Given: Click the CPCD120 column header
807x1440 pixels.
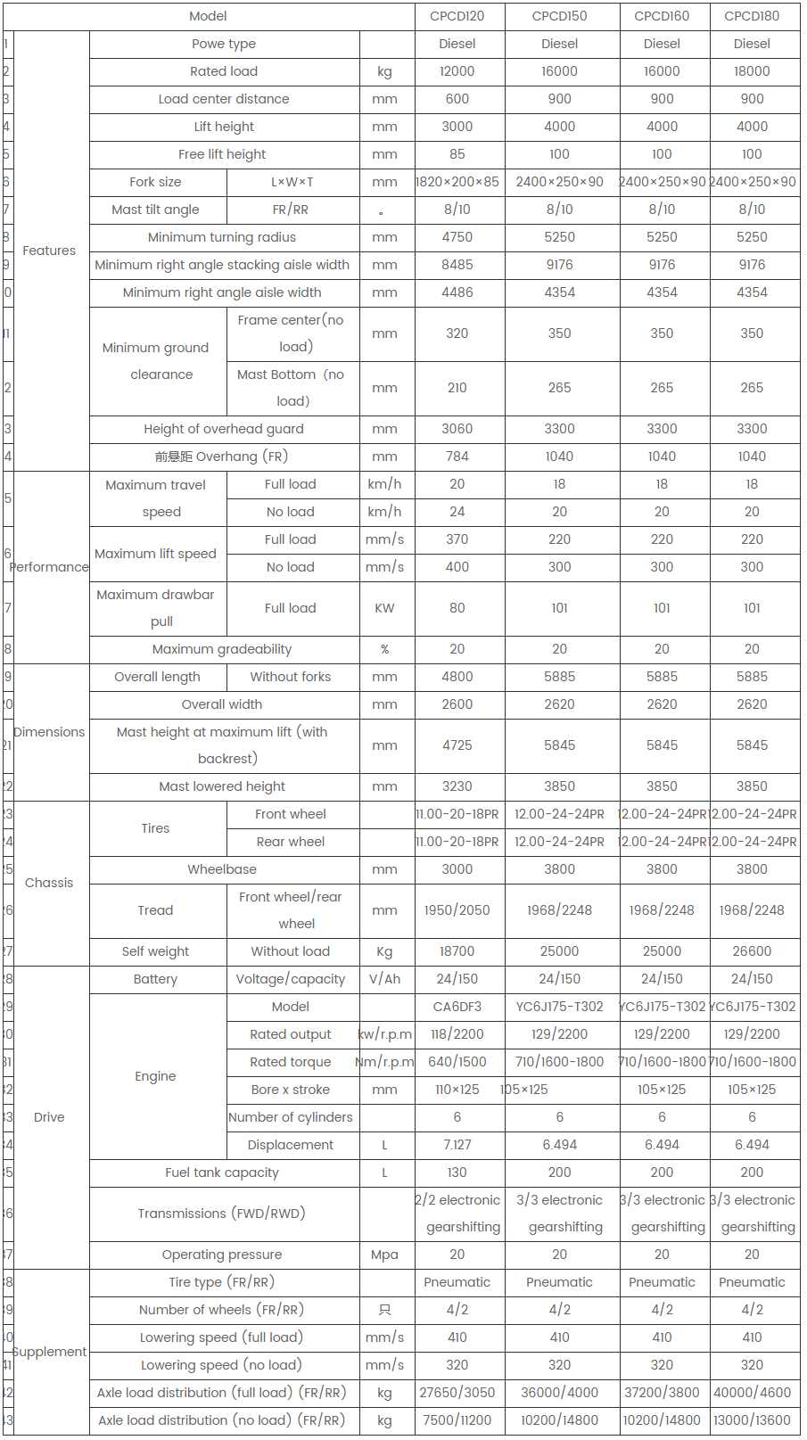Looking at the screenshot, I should pos(457,16).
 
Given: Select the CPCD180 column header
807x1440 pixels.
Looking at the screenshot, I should pos(752,16).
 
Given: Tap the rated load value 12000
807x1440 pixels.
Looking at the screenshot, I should pos(457,71).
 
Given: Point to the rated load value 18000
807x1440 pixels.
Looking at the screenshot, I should pos(752,71).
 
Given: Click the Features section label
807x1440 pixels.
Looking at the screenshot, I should pos(49,251).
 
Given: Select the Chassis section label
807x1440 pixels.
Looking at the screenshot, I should pos(49,883).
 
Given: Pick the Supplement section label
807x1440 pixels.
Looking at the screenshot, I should pos(49,1352).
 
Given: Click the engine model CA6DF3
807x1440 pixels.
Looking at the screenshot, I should pos(457,1007).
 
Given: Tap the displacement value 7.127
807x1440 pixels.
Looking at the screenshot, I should pos(457,1145).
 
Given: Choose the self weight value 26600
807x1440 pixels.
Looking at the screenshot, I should pos(752,951).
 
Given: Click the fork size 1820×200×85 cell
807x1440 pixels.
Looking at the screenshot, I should pos(457,182).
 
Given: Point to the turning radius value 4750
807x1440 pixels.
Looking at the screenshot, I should pos(457,237).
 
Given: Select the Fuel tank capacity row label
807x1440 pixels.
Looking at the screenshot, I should pos(222,1173).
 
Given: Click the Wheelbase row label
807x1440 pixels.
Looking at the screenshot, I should pos(222,869).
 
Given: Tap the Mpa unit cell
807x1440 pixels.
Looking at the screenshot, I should pos(384,1255).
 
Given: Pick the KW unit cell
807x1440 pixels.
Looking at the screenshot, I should pos(384,608).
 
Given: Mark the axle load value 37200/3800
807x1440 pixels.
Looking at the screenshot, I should pos(662,1393).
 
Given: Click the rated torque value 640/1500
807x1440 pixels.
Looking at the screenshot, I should pos(457,1062).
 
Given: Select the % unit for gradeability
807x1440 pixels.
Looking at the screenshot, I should pos(384,649).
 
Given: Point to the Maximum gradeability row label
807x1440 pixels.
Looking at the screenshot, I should pos(222,649).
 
